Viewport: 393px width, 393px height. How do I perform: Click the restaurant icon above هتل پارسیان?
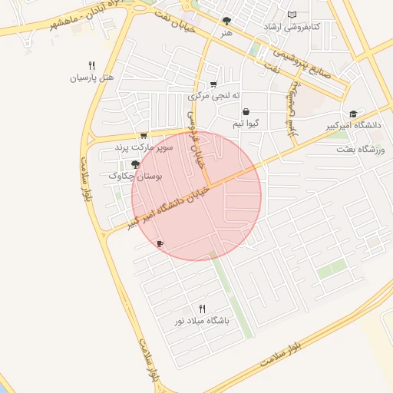(92, 65)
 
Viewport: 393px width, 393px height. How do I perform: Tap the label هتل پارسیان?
(92, 78)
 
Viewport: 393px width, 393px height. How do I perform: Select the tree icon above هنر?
(226, 21)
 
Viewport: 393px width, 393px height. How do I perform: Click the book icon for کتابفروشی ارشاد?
(291, 15)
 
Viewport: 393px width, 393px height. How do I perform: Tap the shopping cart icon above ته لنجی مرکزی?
(213, 84)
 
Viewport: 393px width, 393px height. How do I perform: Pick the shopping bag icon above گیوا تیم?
(245, 112)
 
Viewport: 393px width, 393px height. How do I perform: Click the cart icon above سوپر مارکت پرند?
(144, 134)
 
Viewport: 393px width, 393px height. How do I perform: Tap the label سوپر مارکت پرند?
(144, 146)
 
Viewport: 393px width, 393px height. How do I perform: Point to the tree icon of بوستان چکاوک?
(135, 163)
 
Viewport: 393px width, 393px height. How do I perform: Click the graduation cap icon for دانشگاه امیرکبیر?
(352, 113)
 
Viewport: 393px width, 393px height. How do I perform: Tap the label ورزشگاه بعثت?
(358, 150)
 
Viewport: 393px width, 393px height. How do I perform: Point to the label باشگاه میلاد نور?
(203, 320)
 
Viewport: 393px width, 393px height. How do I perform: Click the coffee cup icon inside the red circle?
(160, 243)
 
